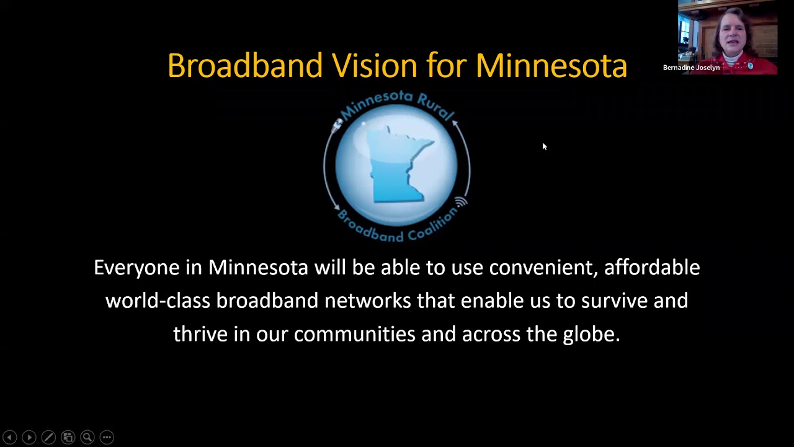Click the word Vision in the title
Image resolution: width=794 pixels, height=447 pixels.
[x=375, y=66]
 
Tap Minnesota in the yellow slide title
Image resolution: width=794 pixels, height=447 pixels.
[x=551, y=66]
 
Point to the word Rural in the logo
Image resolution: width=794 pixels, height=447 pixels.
[x=436, y=106]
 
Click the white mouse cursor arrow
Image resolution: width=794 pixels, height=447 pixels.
[x=544, y=147]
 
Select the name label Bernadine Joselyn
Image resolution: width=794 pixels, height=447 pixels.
[x=691, y=68]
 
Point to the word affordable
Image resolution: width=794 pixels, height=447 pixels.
[x=652, y=268]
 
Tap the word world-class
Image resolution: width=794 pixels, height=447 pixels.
[x=158, y=301]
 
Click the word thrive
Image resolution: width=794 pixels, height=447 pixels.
[x=200, y=335]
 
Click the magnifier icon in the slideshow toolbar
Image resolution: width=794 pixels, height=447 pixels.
[x=87, y=437]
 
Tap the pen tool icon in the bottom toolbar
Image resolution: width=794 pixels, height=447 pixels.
[x=48, y=437]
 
